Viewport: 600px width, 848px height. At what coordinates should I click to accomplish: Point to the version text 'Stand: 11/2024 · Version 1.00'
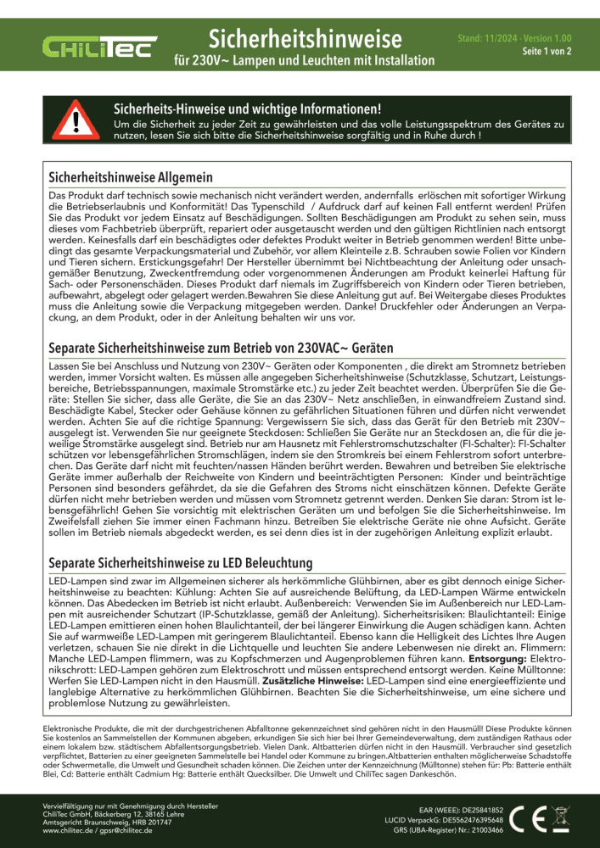click(x=514, y=39)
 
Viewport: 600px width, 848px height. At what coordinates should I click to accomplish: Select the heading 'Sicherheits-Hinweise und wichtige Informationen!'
click(x=247, y=110)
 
